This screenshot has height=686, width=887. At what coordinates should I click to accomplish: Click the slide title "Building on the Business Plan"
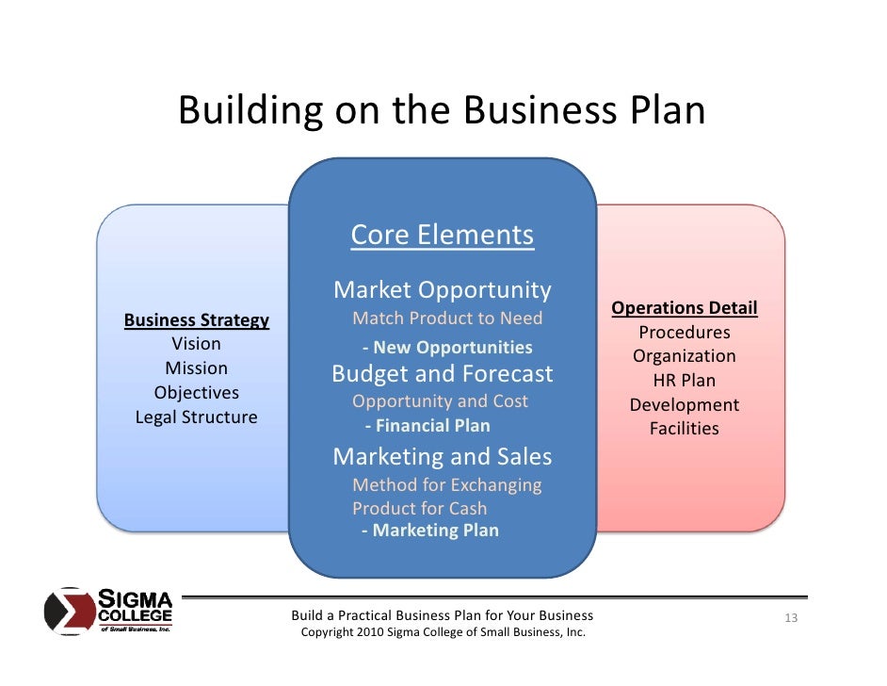[442, 111]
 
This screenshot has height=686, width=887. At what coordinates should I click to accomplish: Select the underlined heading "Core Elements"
[442, 235]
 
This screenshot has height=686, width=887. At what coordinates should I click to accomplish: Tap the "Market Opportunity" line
[442, 289]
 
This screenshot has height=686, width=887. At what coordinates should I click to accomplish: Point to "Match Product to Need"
[447, 318]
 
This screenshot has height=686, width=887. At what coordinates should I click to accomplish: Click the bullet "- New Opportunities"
[447, 348]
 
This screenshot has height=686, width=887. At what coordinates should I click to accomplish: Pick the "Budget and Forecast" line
[442, 374]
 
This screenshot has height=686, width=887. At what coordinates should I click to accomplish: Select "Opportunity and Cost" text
[440, 401]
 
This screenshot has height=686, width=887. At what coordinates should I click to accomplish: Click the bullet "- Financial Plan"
[427, 426]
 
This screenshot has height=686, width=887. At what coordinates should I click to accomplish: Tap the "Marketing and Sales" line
[442, 457]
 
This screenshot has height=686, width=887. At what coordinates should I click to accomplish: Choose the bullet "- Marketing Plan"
[429, 531]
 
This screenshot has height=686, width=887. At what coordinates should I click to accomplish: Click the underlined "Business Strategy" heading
[197, 320]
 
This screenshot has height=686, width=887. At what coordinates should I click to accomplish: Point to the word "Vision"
[197, 344]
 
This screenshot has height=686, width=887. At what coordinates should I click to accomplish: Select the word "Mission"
[197, 368]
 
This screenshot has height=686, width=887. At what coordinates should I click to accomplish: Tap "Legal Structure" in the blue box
[197, 417]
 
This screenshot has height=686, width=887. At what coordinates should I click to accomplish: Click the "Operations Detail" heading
[685, 308]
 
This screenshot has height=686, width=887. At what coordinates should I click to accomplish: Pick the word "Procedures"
[685, 333]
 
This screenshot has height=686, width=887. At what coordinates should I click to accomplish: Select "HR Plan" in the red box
[685, 381]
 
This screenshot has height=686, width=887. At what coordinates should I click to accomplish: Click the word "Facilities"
[685, 429]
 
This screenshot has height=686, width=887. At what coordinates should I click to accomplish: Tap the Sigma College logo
[108, 612]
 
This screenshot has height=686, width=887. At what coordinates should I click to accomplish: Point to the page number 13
[791, 618]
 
